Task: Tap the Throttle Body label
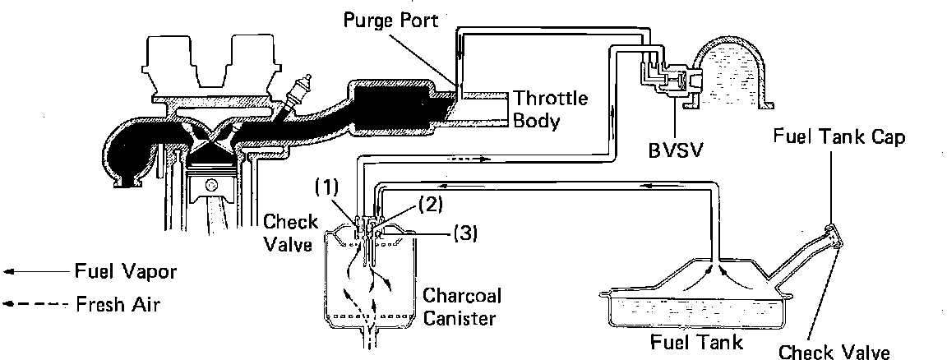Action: coord(551,111)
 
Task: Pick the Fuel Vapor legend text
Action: coord(125,270)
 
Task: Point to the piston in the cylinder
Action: coord(213,186)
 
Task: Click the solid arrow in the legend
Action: coord(33,270)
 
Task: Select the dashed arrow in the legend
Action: coord(33,303)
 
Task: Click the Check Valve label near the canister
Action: coord(287,231)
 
